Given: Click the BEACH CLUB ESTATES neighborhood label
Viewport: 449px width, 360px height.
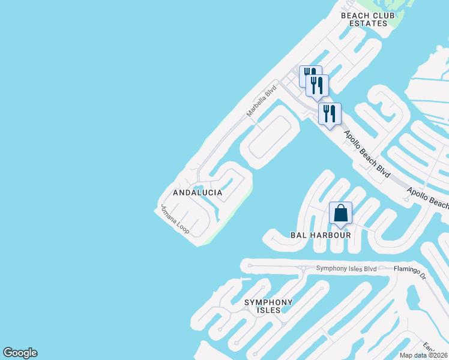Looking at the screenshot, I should (364, 19).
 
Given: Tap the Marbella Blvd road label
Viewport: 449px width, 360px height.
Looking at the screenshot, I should (262, 101).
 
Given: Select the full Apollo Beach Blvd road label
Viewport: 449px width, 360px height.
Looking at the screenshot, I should (367, 153).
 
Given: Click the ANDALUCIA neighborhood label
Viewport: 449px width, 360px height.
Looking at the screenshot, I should (197, 193).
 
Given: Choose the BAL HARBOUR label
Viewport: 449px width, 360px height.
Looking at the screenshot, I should (321, 235).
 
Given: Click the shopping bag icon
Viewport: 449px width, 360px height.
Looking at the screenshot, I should (340, 213).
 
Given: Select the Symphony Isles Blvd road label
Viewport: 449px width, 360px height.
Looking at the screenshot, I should (346, 269).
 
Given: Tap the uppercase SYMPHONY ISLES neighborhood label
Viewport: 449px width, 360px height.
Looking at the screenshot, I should (268, 306).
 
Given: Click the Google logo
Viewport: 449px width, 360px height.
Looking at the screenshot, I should (20, 353).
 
